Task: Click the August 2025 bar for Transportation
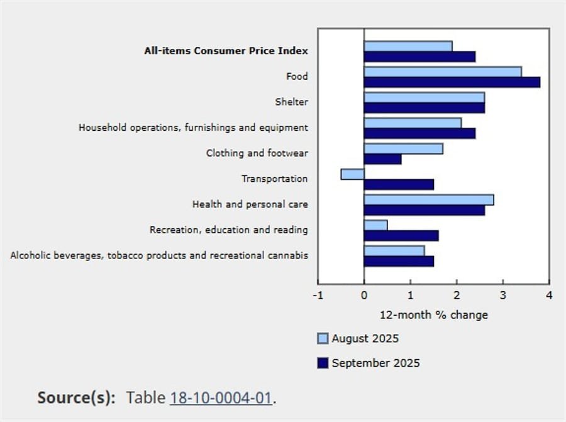click(x=353, y=174)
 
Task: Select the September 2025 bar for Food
click(x=452, y=82)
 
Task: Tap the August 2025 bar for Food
click(x=442, y=72)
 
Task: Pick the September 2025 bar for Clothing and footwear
click(x=382, y=159)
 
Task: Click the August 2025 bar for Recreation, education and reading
click(x=375, y=225)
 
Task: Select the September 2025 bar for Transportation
click(x=399, y=184)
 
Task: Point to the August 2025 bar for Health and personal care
click(x=428, y=199)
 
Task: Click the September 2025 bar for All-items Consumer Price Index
click(x=419, y=57)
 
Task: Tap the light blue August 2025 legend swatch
click(x=323, y=339)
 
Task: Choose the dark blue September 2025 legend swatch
click(x=323, y=363)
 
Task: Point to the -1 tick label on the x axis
click(x=318, y=295)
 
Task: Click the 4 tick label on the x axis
click(x=549, y=295)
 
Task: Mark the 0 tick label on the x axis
click(x=364, y=295)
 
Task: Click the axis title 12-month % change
click(x=433, y=314)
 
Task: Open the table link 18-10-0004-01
click(x=221, y=397)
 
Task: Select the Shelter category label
click(x=291, y=102)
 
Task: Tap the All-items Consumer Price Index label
click(x=226, y=51)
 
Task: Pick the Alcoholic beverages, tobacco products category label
click(x=159, y=255)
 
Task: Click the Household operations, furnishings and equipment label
click(x=193, y=128)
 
